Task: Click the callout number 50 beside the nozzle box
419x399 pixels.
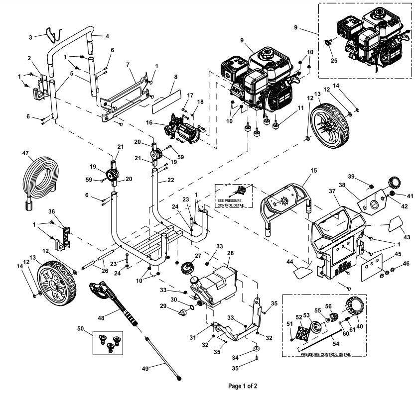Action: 80,329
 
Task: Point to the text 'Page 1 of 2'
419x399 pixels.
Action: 243,386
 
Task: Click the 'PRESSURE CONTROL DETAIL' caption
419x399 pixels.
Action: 326,355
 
